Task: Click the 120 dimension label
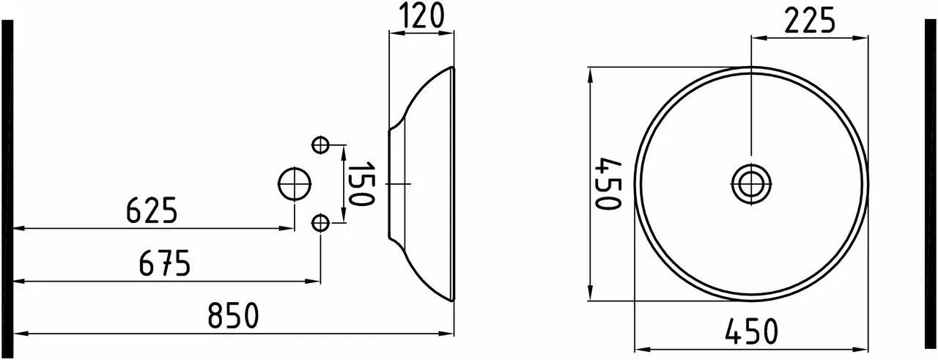(421, 15)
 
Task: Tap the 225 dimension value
(810, 21)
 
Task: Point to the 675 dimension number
(165, 262)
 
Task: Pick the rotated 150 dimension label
(361, 183)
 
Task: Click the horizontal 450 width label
(751, 331)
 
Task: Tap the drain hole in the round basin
(751, 183)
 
